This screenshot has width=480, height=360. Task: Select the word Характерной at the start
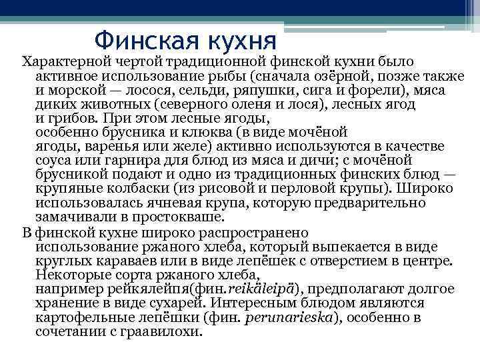pyautogui.click(x=63, y=61)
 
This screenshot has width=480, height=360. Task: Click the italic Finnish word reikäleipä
pyautogui.click(x=263, y=289)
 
